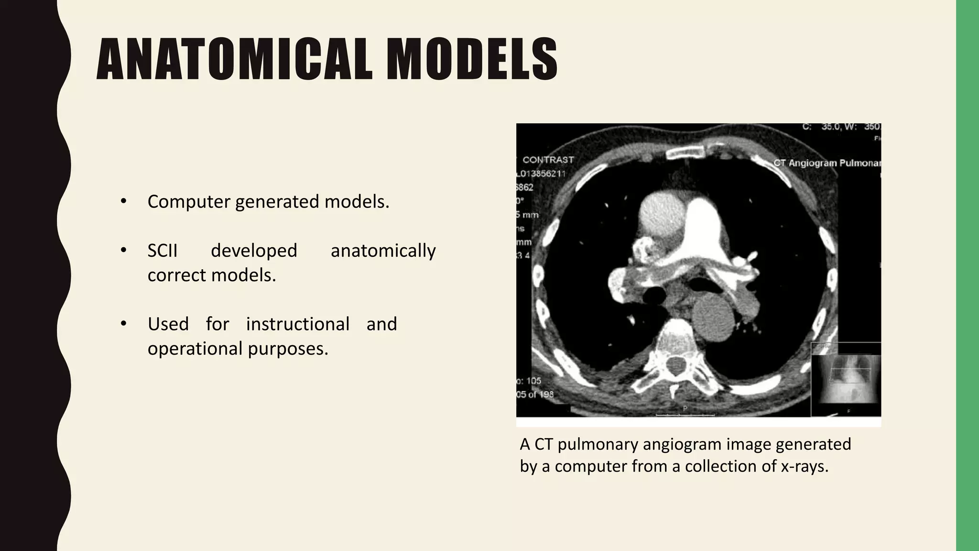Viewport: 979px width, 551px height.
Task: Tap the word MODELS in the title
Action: [472, 59]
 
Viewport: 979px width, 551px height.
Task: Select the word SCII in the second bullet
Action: [163, 251]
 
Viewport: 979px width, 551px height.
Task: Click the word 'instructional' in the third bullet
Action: [298, 324]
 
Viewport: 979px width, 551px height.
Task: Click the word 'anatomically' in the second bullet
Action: [383, 251]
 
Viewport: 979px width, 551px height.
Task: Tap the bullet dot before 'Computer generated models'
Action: [123, 201]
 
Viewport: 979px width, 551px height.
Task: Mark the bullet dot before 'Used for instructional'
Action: [123, 324]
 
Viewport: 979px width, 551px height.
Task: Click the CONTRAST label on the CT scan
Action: [548, 160]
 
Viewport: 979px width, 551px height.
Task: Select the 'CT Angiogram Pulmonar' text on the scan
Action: [827, 163]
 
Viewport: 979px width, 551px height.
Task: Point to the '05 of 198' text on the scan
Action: [535, 395]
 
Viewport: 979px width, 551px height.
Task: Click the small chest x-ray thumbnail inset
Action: [846, 380]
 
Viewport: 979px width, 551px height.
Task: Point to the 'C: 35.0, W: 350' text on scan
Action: [841, 127]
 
